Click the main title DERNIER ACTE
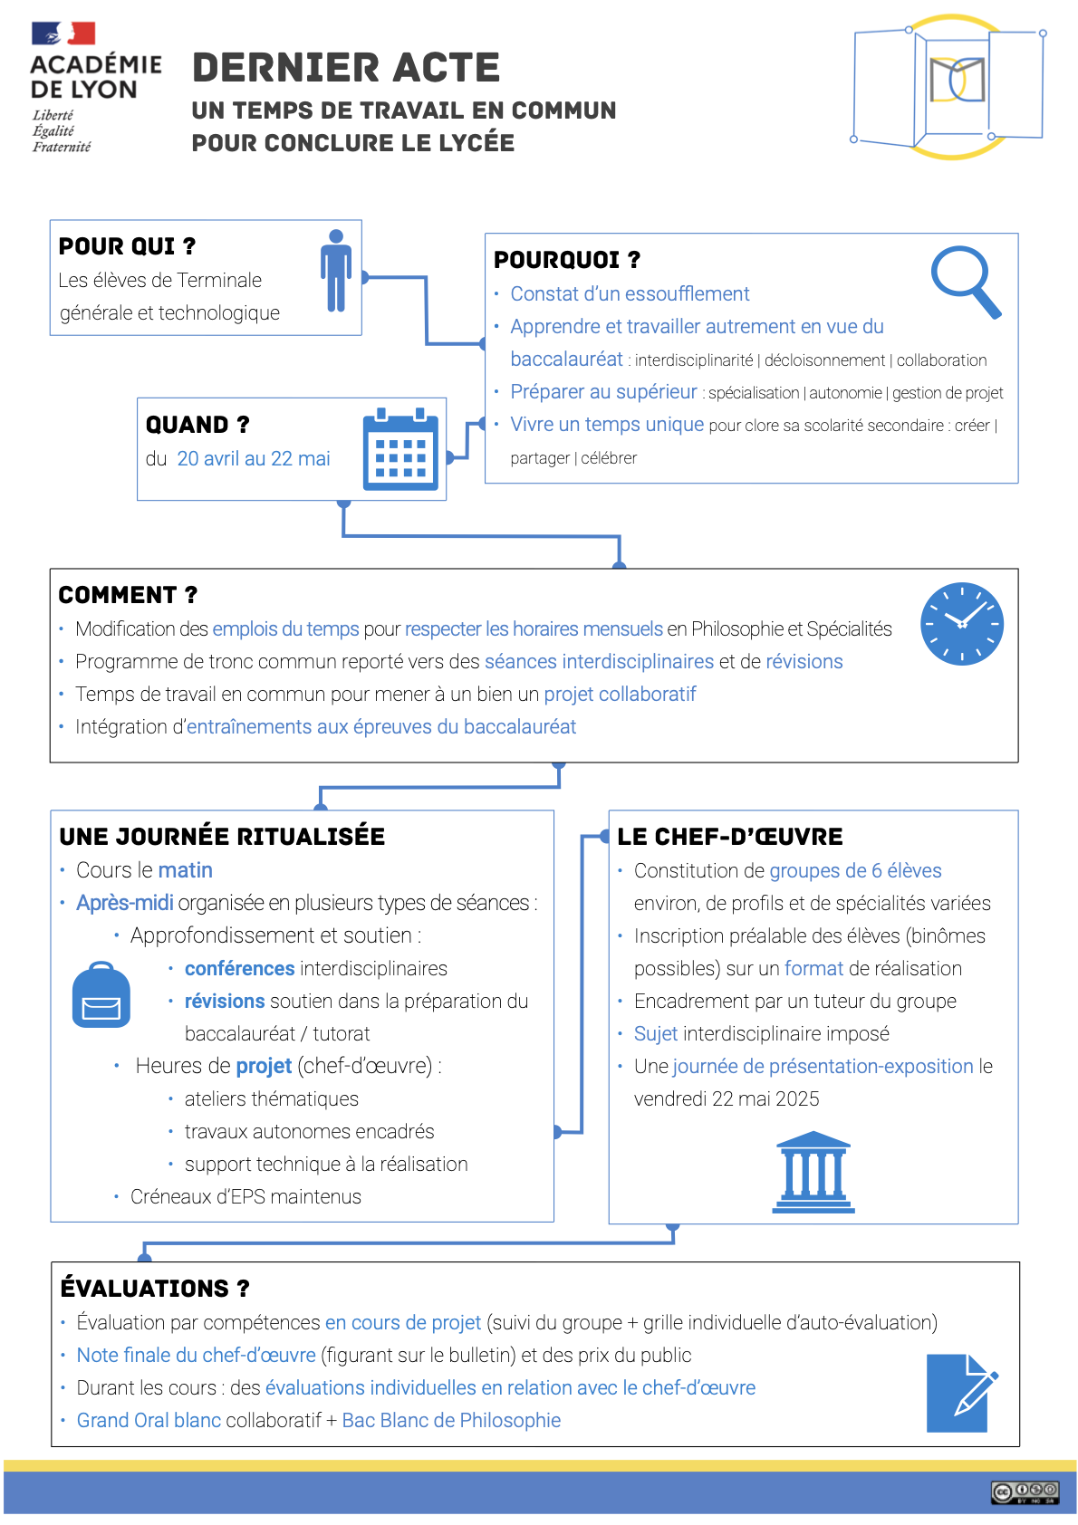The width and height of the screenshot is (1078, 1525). point(345,68)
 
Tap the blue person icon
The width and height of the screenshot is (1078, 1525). point(336,271)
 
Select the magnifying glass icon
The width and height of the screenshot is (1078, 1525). point(966,281)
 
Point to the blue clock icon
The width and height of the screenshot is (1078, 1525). point(961,624)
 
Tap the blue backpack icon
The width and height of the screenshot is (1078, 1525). point(101,995)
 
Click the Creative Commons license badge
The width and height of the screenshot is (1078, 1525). point(1025,1492)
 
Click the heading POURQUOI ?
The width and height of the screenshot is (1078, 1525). point(567,260)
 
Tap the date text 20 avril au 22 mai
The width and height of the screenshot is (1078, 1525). point(254,459)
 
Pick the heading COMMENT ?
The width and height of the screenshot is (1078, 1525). point(128,595)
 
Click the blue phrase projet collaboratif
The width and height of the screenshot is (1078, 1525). point(620,695)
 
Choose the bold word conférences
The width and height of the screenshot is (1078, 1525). point(239,969)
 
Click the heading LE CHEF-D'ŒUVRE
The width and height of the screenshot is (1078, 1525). point(729,837)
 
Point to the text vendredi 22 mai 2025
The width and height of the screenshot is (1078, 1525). point(727,1099)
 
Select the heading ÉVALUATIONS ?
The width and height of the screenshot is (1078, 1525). point(154,1289)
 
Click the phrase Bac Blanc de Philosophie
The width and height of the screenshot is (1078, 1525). point(451,1421)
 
